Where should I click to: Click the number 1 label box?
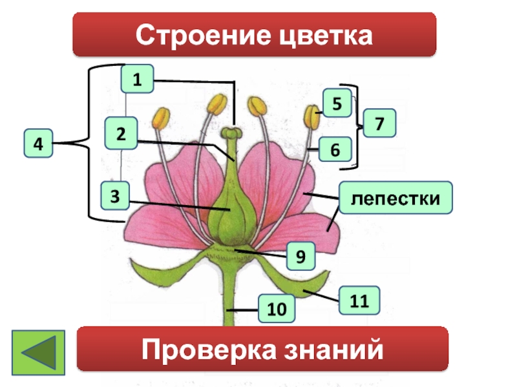(x=136, y=80)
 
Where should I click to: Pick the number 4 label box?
(x=39, y=144)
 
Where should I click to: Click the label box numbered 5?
(x=336, y=103)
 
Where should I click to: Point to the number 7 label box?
(x=379, y=122)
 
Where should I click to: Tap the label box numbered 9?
(x=301, y=255)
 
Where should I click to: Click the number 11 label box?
(x=355, y=301)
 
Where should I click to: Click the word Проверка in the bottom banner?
(x=207, y=350)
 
